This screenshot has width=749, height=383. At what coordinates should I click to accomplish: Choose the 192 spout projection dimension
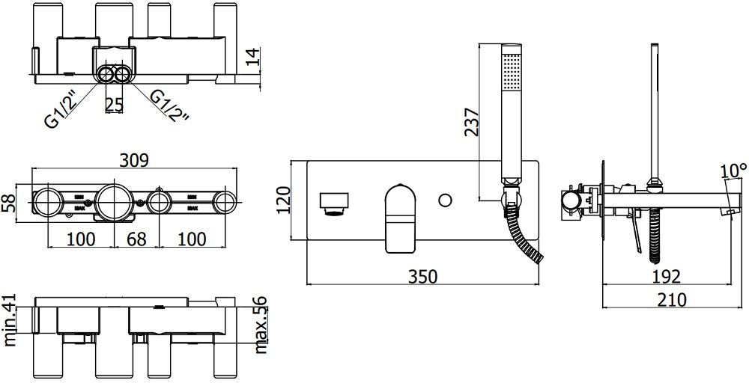[667, 276]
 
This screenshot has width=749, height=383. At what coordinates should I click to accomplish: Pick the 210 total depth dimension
[672, 299]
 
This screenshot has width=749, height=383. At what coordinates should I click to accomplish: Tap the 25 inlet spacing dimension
[114, 104]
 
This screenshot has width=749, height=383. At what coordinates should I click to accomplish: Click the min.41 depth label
[10, 321]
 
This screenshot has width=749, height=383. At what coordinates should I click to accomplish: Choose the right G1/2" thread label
[169, 105]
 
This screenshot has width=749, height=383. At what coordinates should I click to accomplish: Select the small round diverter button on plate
[446, 200]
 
